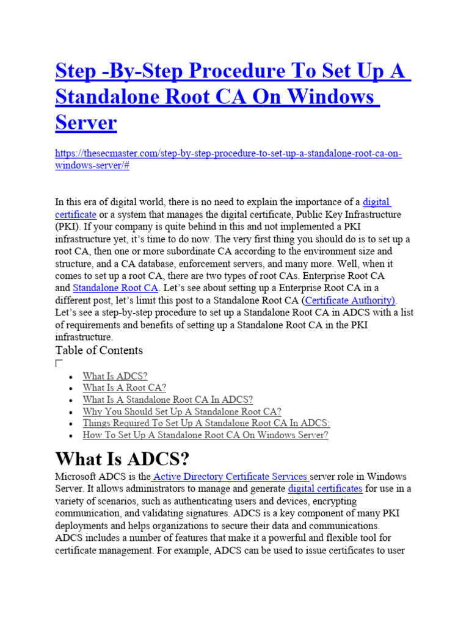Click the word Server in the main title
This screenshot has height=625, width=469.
pos(85,123)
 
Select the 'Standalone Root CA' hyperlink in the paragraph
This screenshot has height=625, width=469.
pos(115,287)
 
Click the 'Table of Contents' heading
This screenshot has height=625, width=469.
pos(99,350)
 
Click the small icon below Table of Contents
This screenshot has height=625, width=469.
pos(59,363)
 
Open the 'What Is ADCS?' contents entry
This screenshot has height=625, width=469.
pos(115,377)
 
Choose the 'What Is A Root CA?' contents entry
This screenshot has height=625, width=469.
pos(124,388)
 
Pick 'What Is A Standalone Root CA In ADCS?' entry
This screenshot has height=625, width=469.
pos(167,400)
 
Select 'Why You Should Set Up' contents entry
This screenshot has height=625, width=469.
pos(182,412)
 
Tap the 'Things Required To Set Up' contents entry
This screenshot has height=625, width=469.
pos(206,424)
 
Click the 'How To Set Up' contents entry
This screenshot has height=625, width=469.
pos(205,435)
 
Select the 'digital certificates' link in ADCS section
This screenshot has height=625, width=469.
pos(325,489)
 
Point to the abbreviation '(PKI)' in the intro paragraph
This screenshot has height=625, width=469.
pos(67,226)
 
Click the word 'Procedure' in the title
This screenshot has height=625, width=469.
pos(217,71)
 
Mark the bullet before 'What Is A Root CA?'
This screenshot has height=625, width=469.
pos(72,389)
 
